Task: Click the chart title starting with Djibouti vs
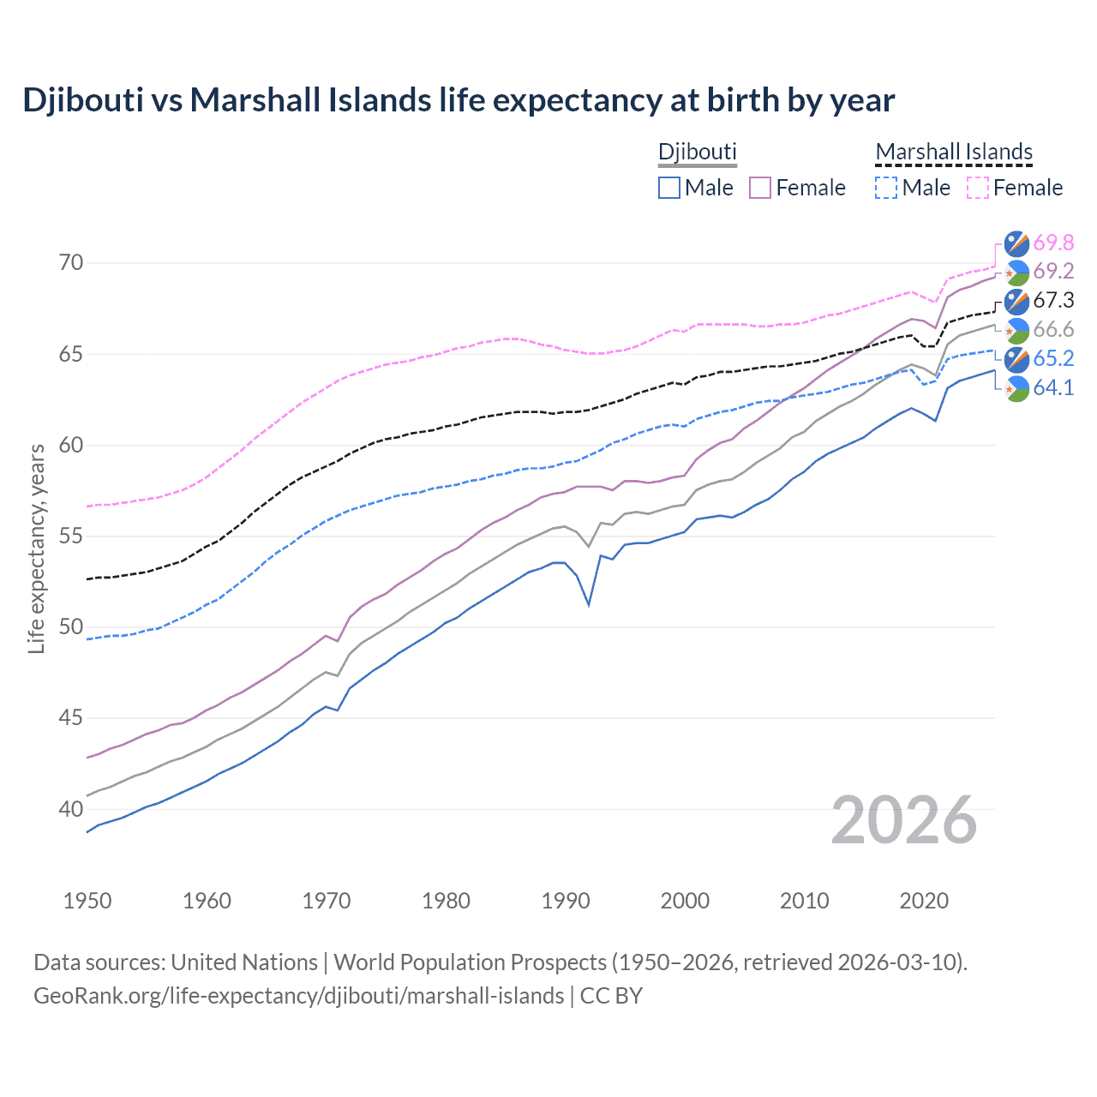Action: coord(459,100)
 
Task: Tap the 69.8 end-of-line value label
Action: coord(1053,243)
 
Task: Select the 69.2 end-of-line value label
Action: coord(1053,272)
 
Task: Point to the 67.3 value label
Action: coord(1053,300)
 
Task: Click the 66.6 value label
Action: coord(1053,330)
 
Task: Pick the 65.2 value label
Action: coord(1053,358)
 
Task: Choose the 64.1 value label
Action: coord(1053,387)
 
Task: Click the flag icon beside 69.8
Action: coord(1016,243)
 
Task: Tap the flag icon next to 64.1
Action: coord(1016,388)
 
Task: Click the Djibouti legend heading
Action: coord(697,152)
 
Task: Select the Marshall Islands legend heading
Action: coord(954,152)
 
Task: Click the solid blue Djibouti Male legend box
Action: coord(669,188)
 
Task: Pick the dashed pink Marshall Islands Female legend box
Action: coord(978,188)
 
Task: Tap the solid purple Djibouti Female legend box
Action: coord(760,188)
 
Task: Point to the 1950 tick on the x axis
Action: coord(87,901)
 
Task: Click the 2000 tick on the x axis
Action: coord(685,901)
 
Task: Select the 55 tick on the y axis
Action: coord(71,537)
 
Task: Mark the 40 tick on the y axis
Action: coord(71,809)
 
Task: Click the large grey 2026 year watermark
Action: coord(903,820)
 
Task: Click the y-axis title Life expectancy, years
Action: coord(37,548)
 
